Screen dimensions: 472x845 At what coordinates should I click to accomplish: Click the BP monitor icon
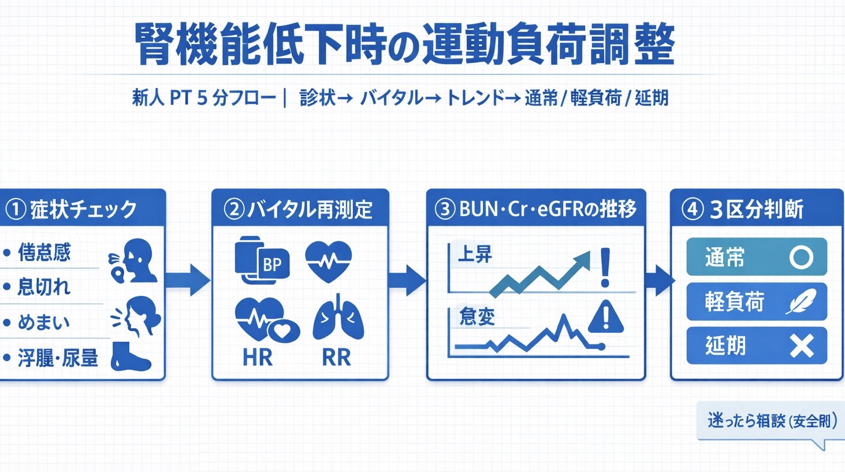tap(262, 261)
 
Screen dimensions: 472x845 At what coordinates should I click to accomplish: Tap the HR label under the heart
tap(257, 358)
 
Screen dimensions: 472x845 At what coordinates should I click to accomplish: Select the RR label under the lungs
tap(336, 358)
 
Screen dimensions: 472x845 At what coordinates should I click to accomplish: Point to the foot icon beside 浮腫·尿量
tap(131, 356)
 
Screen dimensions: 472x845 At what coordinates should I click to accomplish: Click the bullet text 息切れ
tap(44, 287)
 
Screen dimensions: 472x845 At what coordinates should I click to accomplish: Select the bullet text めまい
tap(44, 322)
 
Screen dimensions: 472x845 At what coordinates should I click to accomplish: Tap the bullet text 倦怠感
tap(44, 252)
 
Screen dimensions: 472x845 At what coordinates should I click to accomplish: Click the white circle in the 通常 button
tap(801, 257)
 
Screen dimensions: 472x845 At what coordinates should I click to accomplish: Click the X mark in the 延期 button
tap(802, 346)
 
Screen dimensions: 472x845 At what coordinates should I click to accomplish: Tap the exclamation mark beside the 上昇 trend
tap(605, 268)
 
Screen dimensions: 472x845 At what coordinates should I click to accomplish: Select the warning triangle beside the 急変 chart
tap(605, 317)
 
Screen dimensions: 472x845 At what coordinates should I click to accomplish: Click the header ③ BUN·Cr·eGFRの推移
tap(535, 209)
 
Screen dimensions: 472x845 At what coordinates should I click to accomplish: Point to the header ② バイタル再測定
tap(299, 209)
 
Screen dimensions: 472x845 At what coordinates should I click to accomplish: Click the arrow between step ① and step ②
tap(188, 280)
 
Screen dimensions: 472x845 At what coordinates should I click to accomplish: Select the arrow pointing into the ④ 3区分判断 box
tap(659, 280)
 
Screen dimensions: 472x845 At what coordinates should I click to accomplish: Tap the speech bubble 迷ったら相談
tap(771, 421)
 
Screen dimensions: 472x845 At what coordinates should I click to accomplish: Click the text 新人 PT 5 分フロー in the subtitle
tap(204, 98)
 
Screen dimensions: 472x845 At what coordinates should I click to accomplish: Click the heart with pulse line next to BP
tap(328, 261)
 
